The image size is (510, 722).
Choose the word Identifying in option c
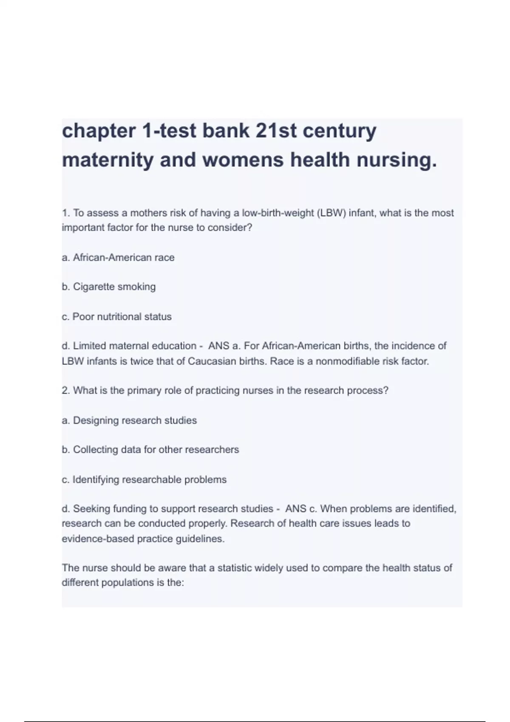[x=96, y=479]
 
